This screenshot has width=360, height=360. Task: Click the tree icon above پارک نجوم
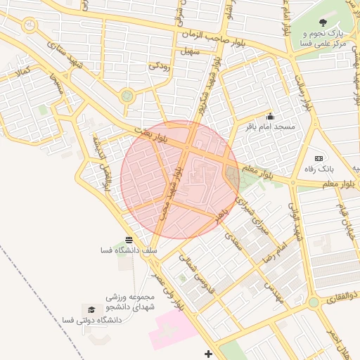pos(323,22)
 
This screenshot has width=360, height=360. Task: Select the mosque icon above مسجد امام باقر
pos(270,117)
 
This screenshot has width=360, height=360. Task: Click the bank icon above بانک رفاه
pos(319,158)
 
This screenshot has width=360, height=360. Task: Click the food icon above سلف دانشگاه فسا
pos(129,240)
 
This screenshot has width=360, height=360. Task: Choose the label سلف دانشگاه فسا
pos(129,250)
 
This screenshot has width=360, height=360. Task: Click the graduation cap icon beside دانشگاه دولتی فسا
pos(90,309)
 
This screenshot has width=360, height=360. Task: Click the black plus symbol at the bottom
pos(207,353)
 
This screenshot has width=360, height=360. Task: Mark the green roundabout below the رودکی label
pos(127,96)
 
